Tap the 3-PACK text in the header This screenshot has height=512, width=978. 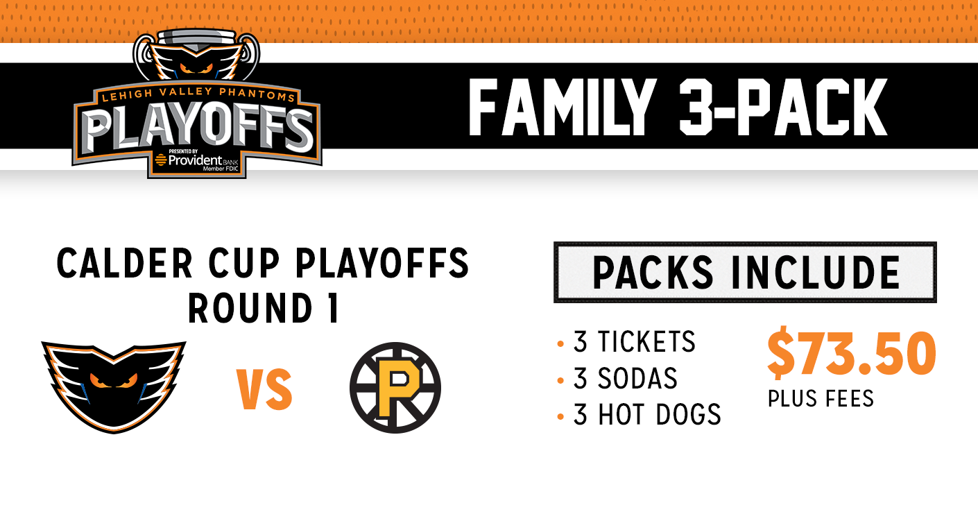pyautogui.click(x=783, y=107)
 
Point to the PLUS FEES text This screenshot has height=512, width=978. pyautogui.click(x=821, y=398)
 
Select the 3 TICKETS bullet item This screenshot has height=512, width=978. pyautogui.click(x=634, y=341)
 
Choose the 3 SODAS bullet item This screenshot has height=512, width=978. pyautogui.click(x=625, y=378)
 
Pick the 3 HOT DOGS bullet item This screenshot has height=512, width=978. pyautogui.click(x=646, y=415)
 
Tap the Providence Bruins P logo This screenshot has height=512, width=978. pyautogui.click(x=395, y=388)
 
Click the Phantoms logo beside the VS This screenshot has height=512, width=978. pyautogui.click(x=114, y=387)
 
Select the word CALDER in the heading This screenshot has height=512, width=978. pyautogui.click(x=124, y=264)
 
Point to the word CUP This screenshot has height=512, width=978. pyautogui.click(x=243, y=264)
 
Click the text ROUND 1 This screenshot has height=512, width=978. pyautogui.click(x=264, y=308)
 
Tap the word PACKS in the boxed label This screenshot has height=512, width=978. pyautogui.click(x=653, y=273)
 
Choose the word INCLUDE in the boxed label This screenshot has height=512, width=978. pyautogui.click(x=816, y=273)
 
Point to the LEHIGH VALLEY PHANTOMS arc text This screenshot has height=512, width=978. pyautogui.click(x=198, y=94)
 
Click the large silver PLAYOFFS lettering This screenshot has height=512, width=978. pyautogui.click(x=198, y=129)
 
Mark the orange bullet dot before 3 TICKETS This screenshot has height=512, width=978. pyautogui.click(x=560, y=344)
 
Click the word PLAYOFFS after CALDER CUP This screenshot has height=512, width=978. pyautogui.click(x=382, y=264)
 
